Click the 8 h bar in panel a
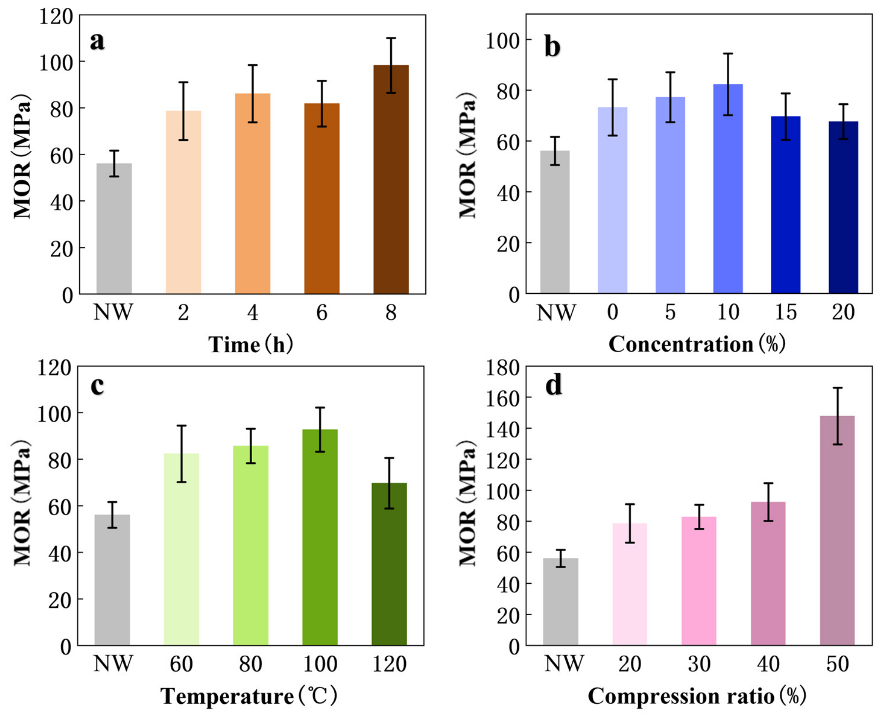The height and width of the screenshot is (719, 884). pyautogui.click(x=391, y=179)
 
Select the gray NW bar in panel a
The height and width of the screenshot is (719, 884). pyautogui.click(x=114, y=228)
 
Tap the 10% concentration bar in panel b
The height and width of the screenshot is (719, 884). pyautogui.click(x=728, y=189)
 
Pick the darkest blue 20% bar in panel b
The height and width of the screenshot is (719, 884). pyautogui.click(x=843, y=207)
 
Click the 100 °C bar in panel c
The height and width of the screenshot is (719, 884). pyautogui.click(x=320, y=537)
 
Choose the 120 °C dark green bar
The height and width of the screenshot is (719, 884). pyautogui.click(x=389, y=564)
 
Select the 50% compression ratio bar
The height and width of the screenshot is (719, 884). pyautogui.click(x=837, y=530)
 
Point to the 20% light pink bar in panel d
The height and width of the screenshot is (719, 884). pyautogui.click(x=629, y=584)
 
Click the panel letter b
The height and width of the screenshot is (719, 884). pyautogui.click(x=552, y=48)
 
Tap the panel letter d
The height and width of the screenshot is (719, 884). pyautogui.click(x=554, y=385)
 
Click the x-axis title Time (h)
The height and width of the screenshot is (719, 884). pyautogui.click(x=251, y=344)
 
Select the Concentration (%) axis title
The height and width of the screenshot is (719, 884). pyautogui.click(x=697, y=344)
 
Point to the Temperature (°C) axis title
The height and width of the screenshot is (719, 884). pyautogui.click(x=249, y=696)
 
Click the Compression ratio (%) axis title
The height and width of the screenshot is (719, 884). pyautogui.click(x=697, y=696)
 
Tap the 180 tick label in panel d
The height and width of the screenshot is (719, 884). pyautogui.click(x=502, y=368)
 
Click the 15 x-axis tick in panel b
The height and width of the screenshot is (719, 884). pyautogui.click(x=786, y=312)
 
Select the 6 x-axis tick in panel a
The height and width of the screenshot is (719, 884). pyautogui.click(x=322, y=312)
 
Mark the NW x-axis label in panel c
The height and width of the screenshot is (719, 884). pyautogui.click(x=113, y=664)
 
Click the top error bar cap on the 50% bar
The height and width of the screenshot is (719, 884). pyautogui.click(x=837, y=388)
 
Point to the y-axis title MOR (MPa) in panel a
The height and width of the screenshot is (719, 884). pyautogui.click(x=22, y=156)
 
